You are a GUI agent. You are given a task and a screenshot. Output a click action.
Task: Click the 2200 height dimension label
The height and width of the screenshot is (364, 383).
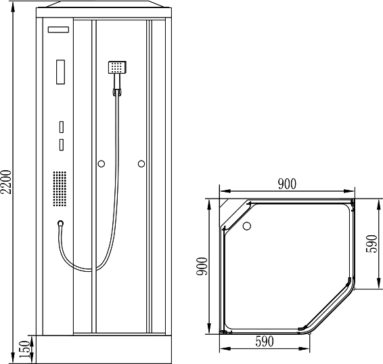click(6, 182)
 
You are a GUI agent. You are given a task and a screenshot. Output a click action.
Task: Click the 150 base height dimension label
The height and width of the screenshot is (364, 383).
click(25, 349)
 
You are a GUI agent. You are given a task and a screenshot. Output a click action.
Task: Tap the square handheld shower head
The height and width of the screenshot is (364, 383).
click(117, 67)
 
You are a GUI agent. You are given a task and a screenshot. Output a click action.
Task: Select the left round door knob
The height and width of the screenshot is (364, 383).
click(101, 163)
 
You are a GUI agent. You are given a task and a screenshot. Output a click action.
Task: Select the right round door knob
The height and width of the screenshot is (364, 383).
click(141, 163)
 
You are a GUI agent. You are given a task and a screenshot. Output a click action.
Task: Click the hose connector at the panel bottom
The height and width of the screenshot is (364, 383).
click(60, 223)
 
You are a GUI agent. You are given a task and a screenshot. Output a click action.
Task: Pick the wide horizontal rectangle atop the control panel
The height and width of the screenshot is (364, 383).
click(58, 30)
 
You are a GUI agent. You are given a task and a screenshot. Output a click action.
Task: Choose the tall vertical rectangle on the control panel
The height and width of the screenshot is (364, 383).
click(61, 72)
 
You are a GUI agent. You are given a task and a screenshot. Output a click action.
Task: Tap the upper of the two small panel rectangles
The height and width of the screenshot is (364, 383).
click(62, 127)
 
